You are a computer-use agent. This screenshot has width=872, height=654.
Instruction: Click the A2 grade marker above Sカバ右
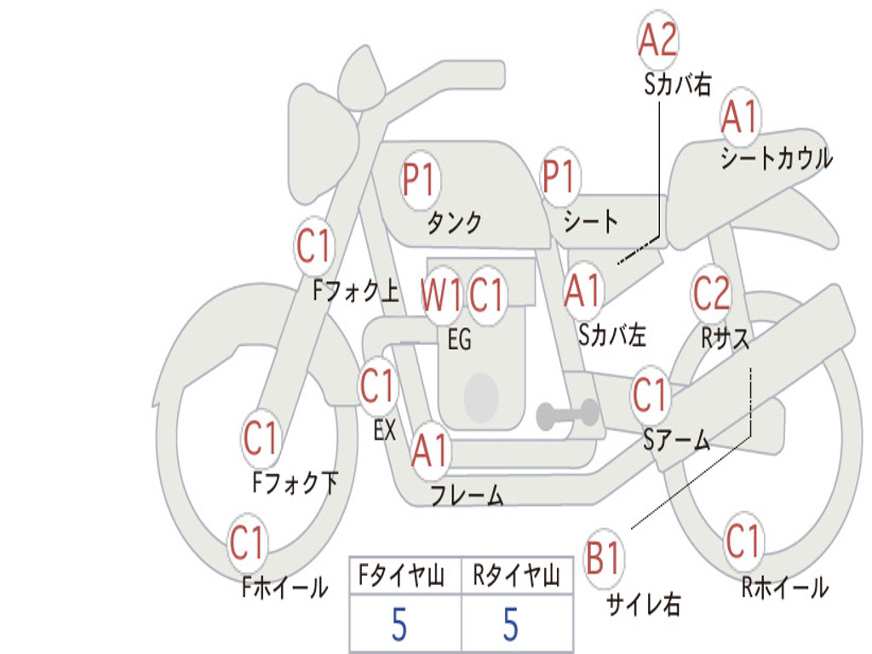click(658, 39)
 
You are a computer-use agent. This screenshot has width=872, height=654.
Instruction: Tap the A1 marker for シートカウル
click(740, 117)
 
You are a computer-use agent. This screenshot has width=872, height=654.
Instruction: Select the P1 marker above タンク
click(421, 180)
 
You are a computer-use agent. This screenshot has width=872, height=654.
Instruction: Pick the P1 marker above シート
click(560, 175)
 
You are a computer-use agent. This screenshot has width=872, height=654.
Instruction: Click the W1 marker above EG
click(442, 293)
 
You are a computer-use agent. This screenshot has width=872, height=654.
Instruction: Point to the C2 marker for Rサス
click(711, 293)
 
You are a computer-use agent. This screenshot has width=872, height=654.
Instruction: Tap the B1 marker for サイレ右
click(604, 557)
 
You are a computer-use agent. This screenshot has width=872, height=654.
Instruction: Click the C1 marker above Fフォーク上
click(313, 245)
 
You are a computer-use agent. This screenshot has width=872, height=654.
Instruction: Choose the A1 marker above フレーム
click(430, 450)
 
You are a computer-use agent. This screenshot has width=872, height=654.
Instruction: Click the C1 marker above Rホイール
click(743, 541)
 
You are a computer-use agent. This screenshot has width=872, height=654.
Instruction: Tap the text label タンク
click(455, 222)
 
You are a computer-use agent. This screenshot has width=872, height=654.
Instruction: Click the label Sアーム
click(677, 440)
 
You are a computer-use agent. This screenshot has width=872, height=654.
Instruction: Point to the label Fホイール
click(284, 588)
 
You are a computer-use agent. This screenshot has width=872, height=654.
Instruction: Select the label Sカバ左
click(611, 335)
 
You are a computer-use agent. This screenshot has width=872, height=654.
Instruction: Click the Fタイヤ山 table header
click(402, 576)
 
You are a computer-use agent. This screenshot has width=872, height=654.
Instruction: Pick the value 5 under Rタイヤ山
click(511, 624)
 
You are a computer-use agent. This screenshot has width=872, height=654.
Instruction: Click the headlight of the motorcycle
click(321, 143)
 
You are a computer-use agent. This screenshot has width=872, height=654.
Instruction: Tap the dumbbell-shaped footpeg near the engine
click(568, 414)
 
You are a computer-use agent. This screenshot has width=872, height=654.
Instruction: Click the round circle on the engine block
click(481, 397)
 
